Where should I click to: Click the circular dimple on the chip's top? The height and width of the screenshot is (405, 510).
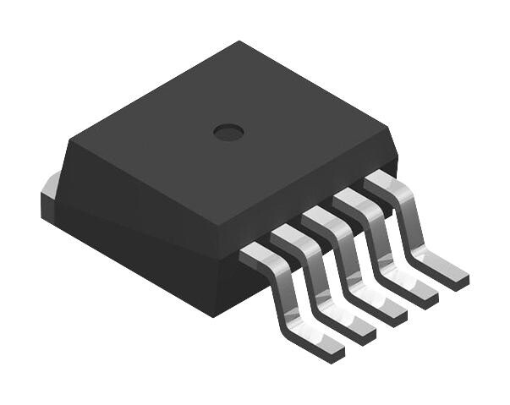pyautogui.click(x=228, y=131)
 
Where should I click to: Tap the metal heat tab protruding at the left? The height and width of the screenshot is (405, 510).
pyautogui.click(x=49, y=194)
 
